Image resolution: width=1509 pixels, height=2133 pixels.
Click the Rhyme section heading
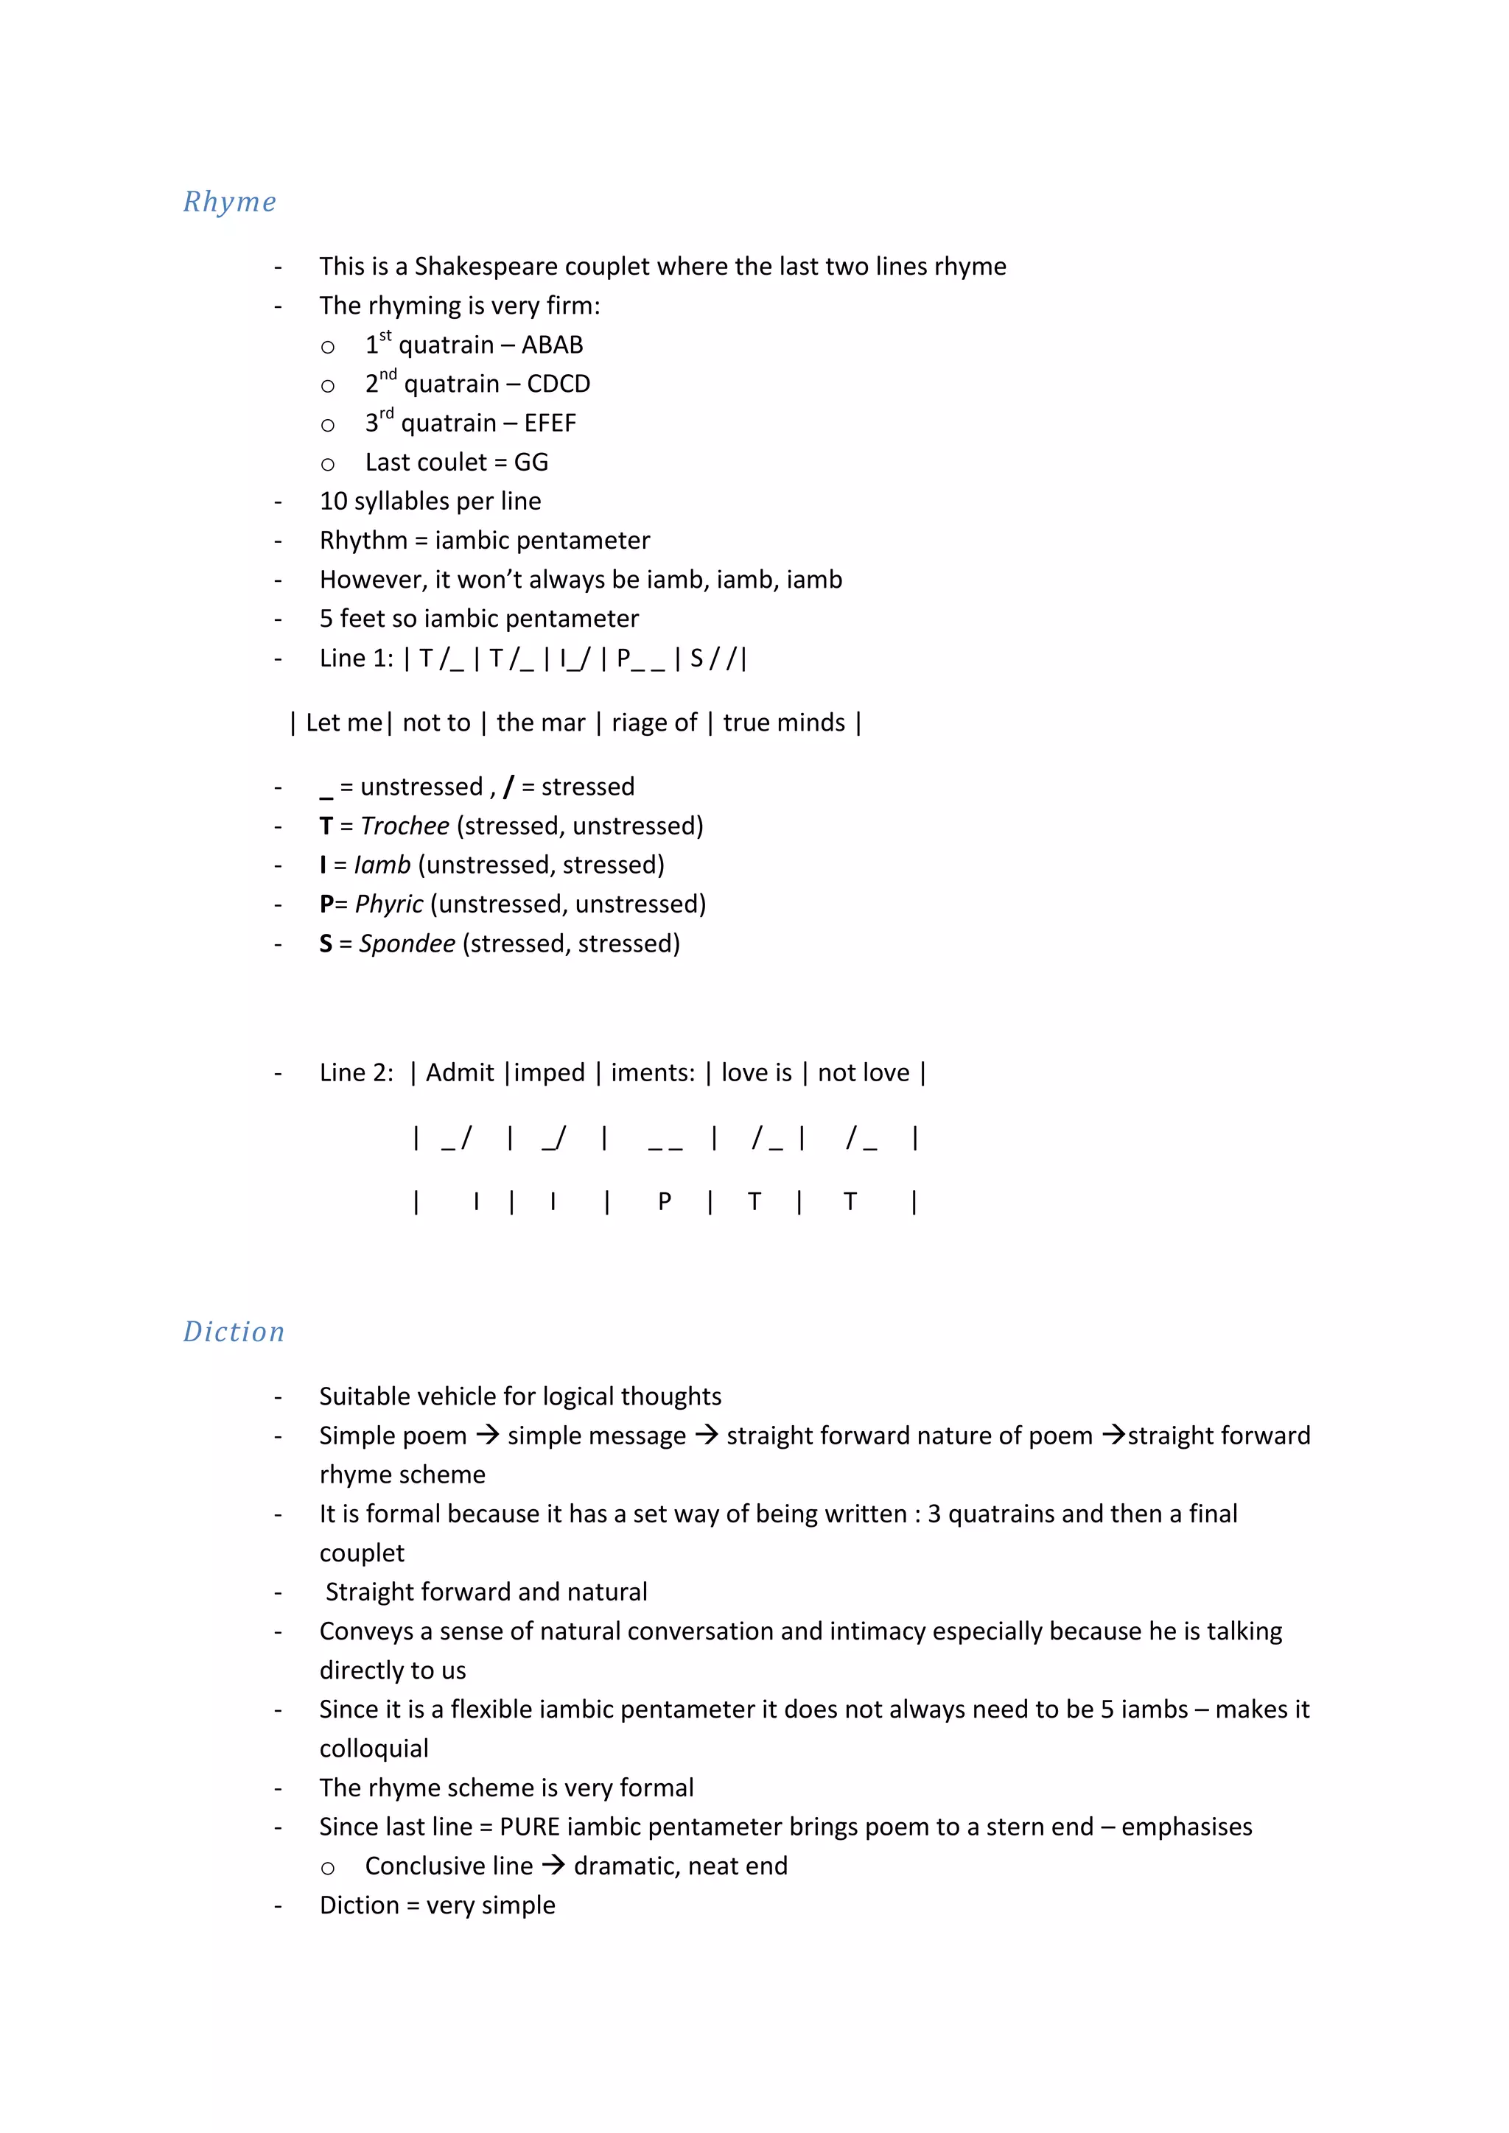(229, 202)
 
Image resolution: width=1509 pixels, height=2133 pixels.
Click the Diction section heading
(234, 1331)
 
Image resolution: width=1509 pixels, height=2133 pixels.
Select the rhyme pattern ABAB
(552, 345)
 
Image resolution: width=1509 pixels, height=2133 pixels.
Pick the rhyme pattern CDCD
(559, 384)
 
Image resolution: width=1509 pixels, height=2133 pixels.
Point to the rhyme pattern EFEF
(550, 424)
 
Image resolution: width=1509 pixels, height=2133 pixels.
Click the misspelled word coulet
(452, 463)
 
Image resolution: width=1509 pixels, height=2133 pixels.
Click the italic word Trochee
(405, 826)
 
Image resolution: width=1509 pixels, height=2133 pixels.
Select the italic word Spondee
(407, 944)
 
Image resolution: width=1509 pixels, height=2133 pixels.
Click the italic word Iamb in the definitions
(382, 865)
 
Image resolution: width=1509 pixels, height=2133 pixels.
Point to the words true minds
(783, 723)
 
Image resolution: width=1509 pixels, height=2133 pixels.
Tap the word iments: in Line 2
(652, 1073)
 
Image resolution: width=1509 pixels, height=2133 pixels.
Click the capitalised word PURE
(530, 1827)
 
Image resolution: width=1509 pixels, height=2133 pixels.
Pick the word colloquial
(374, 1749)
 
